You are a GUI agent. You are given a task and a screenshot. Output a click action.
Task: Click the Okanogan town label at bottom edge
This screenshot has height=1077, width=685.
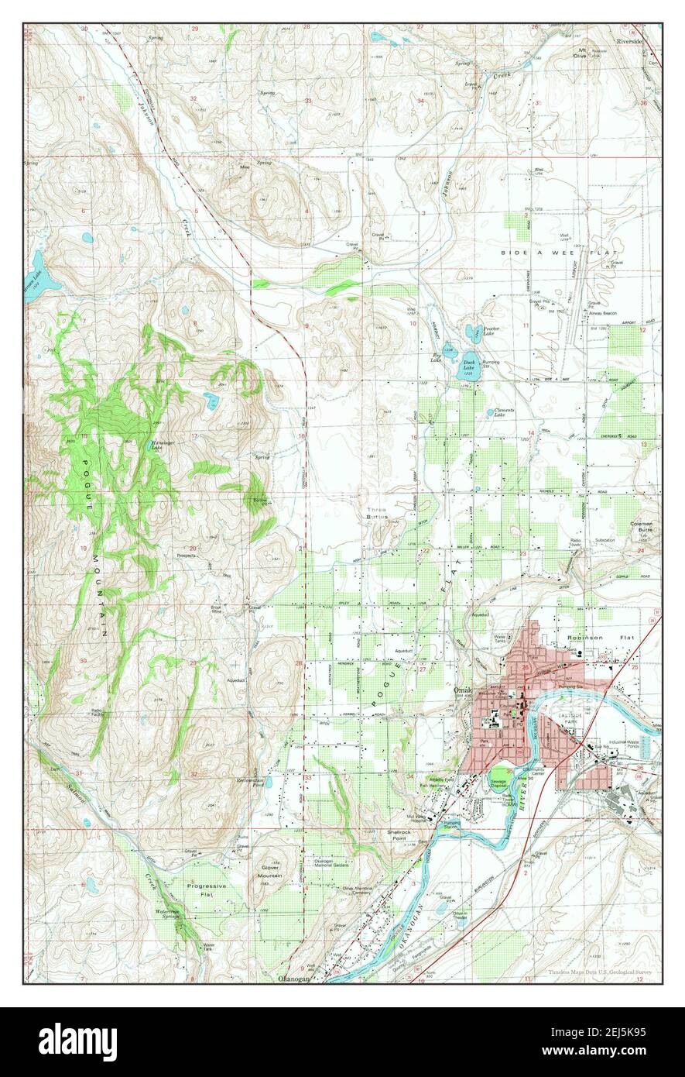293,979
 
